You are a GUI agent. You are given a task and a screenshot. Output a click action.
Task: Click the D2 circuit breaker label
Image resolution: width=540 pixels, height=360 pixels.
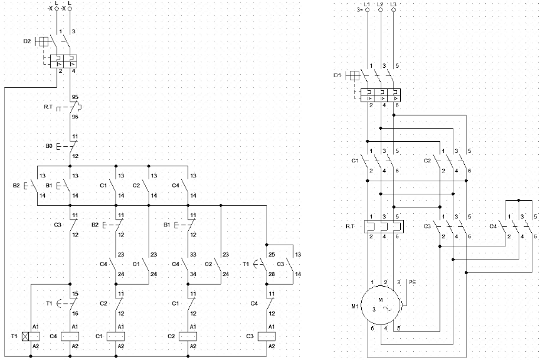point(27,41)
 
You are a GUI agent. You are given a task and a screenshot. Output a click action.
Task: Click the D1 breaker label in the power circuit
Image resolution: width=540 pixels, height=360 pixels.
point(337,76)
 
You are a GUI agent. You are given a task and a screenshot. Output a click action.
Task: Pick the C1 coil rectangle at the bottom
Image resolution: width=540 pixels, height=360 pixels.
point(116,336)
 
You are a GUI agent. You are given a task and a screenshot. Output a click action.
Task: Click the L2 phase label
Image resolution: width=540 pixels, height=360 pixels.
point(380,5)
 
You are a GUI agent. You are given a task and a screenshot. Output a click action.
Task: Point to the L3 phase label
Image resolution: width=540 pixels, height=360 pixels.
point(393,5)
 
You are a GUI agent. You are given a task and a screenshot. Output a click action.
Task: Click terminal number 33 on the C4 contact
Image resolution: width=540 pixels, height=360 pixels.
point(193,255)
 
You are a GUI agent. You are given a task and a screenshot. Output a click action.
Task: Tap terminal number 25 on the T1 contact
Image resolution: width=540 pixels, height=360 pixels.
point(272,255)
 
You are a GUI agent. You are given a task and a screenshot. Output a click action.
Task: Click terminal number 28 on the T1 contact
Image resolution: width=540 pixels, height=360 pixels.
point(272,274)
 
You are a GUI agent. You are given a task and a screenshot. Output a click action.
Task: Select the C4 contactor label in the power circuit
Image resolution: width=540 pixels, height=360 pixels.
point(493,226)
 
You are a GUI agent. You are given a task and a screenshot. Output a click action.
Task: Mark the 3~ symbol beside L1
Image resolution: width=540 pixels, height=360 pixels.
point(359,9)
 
